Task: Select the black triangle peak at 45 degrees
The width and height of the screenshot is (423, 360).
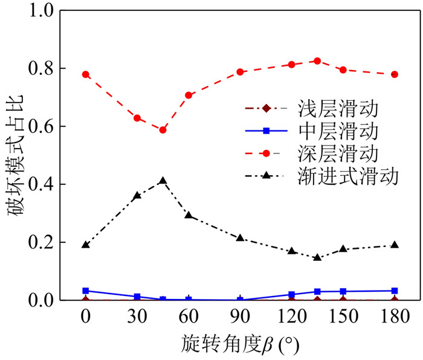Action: (x=163, y=181)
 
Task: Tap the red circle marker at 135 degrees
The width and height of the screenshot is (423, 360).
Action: (x=317, y=61)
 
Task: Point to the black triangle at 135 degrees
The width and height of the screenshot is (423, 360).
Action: (x=317, y=257)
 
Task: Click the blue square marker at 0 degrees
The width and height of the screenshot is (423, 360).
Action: (x=86, y=291)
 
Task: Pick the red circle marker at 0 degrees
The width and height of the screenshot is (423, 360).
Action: (x=86, y=74)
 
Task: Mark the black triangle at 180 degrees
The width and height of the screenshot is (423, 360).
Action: (x=395, y=245)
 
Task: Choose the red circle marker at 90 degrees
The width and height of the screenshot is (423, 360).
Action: (x=240, y=72)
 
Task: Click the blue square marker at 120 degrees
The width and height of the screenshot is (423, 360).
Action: (x=291, y=294)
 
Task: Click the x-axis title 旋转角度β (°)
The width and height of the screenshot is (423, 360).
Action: (x=240, y=344)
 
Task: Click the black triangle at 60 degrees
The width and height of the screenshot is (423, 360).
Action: (x=189, y=215)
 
